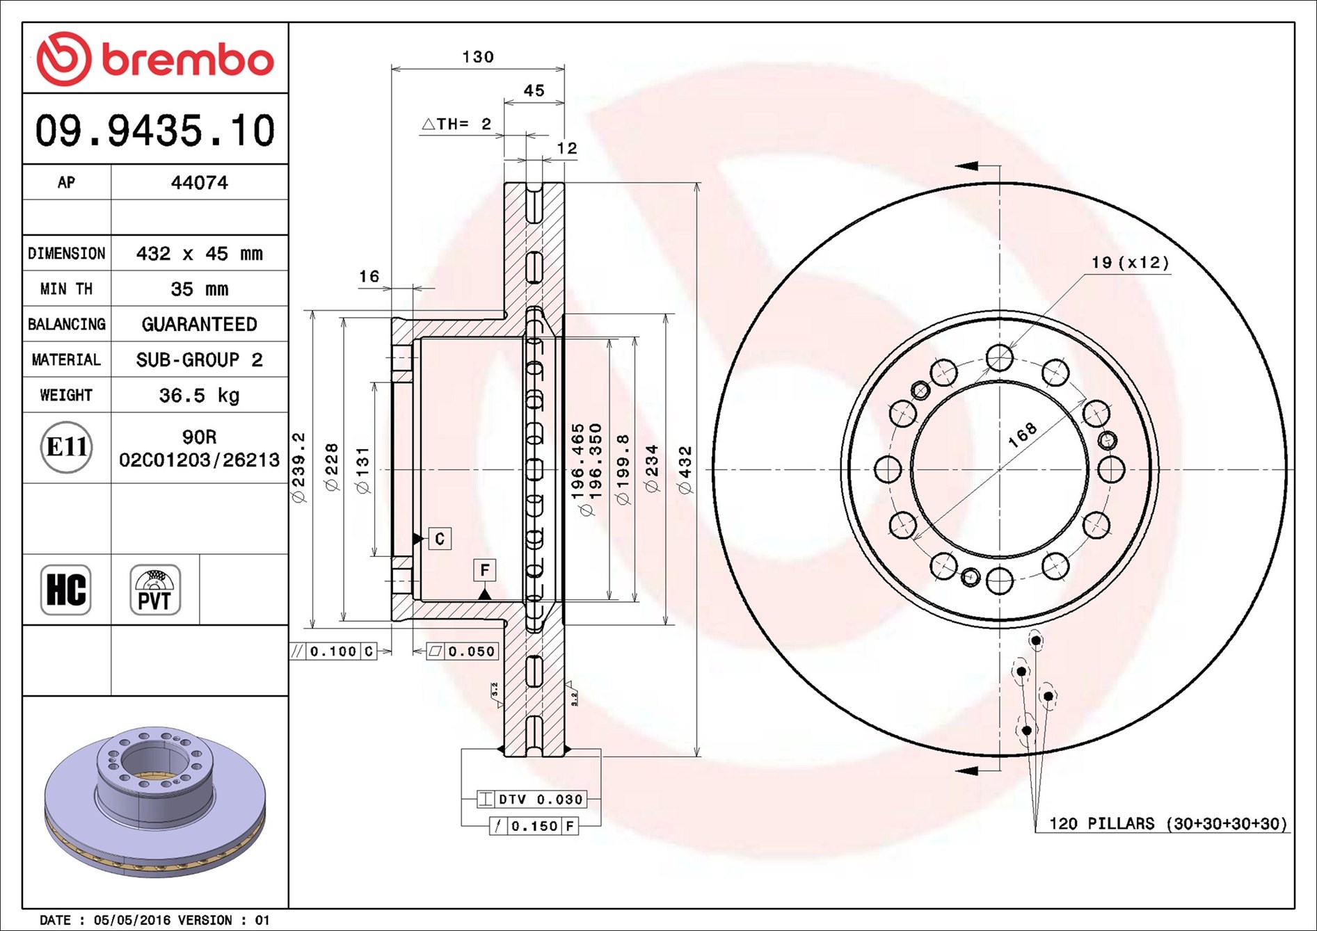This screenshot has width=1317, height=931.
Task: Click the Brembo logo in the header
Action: (155, 59)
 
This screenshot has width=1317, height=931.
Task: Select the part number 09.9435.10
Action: (155, 131)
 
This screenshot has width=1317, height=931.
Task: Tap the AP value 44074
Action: (199, 183)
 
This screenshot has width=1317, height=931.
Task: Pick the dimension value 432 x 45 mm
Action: (199, 254)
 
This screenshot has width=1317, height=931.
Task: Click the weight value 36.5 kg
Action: (199, 396)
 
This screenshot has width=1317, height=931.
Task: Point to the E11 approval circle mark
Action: (66, 447)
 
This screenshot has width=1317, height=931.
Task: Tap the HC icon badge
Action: (66, 590)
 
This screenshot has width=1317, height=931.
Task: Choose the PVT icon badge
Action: (154, 590)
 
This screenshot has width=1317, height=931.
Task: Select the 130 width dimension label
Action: (478, 57)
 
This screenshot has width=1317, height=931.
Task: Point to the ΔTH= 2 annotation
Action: (457, 124)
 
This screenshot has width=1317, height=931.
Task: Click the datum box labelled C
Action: (440, 539)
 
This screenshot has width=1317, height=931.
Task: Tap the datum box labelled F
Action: (484, 570)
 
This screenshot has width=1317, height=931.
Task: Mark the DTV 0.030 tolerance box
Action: (532, 800)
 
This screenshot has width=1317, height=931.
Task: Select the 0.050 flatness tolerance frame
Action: (463, 651)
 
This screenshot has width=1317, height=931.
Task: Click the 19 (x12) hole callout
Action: (1130, 263)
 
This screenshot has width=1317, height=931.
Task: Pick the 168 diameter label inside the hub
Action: (1022, 435)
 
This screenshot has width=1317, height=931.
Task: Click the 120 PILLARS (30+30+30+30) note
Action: (1167, 824)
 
